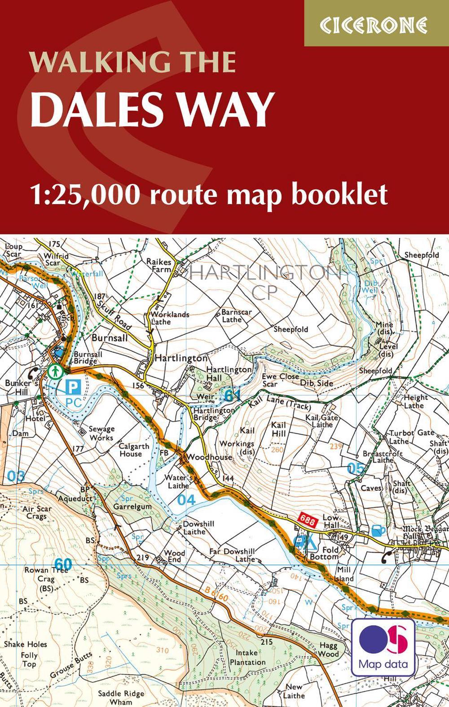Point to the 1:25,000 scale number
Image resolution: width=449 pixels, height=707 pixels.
(x=85, y=194)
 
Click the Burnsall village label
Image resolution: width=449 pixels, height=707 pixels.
(x=110, y=338)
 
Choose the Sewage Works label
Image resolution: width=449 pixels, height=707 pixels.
(x=101, y=433)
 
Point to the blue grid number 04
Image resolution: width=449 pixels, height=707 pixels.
(x=187, y=500)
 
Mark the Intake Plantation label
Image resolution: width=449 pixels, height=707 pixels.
(x=247, y=657)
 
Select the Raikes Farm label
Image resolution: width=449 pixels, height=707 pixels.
(x=159, y=265)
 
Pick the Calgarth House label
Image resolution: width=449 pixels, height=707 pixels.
(x=134, y=450)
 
